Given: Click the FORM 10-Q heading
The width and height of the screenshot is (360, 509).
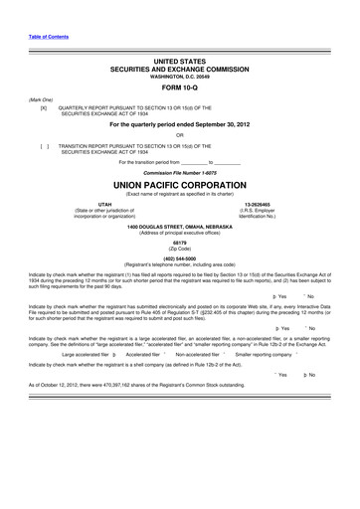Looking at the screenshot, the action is coord(180,85).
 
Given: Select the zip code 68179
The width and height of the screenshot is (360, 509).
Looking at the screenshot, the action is coord(179,242).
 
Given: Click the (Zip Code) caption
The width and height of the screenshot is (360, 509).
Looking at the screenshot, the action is coord(179,249).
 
